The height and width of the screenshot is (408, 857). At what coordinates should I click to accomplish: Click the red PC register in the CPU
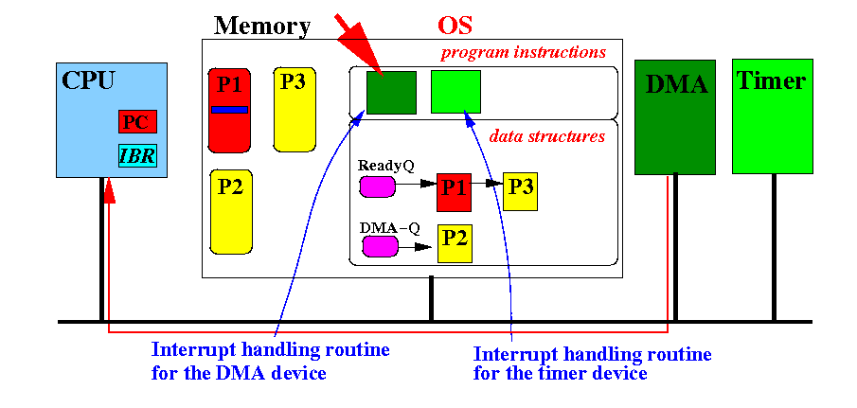(137, 122)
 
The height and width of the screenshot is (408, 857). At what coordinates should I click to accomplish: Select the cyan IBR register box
(137, 156)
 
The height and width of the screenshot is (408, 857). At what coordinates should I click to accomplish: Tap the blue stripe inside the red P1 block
(229, 110)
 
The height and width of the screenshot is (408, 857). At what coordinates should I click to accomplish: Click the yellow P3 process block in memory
(295, 110)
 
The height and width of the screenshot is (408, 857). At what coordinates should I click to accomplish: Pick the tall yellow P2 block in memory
(231, 212)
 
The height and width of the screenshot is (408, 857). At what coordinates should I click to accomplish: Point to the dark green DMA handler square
(391, 93)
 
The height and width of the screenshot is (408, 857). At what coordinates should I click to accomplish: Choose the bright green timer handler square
(455, 91)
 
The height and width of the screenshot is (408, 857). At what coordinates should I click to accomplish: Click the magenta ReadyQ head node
(377, 186)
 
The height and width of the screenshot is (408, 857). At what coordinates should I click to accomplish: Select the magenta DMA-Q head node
(381, 246)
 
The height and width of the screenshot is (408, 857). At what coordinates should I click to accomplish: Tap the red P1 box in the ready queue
(454, 193)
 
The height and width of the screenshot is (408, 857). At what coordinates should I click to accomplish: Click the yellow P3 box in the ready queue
(520, 193)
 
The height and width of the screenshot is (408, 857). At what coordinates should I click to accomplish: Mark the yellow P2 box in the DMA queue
(455, 243)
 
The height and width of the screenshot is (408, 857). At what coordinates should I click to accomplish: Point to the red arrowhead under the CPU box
(109, 191)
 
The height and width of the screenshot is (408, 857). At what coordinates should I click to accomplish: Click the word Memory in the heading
(261, 26)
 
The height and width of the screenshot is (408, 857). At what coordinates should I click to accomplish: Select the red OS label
(455, 25)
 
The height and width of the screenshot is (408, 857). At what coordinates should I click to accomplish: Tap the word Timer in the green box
(771, 81)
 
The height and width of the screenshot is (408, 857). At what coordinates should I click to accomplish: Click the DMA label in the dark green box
(677, 84)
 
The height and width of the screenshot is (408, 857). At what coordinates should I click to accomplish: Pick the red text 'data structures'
(546, 136)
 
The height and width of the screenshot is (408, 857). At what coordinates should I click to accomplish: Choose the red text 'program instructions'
(524, 53)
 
